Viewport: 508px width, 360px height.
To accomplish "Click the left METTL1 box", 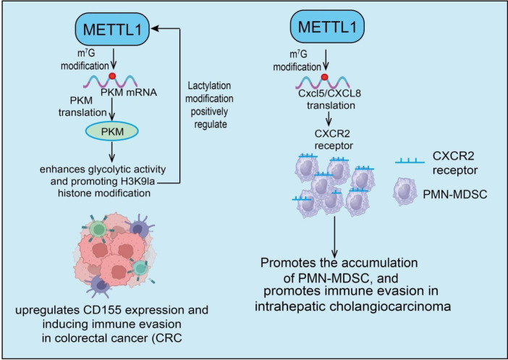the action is click(x=112, y=29).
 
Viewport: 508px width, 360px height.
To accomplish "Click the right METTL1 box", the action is click(x=327, y=27).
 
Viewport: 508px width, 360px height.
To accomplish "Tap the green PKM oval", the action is click(x=111, y=131).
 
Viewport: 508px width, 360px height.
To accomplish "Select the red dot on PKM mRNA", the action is click(x=112, y=76).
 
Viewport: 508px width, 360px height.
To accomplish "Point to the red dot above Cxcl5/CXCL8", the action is click(x=324, y=77).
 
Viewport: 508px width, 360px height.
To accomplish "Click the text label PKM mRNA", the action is click(x=129, y=93).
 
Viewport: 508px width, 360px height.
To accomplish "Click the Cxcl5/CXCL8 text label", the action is click(x=329, y=93).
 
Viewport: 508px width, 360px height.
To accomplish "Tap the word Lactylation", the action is click(x=209, y=85).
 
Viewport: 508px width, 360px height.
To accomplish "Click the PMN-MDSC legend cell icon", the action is click(x=405, y=192).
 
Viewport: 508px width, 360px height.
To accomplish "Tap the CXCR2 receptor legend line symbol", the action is click(x=410, y=161).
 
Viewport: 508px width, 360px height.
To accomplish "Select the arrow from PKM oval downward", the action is click(x=111, y=152).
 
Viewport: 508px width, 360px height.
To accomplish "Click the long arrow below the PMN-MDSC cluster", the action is click(x=334, y=238).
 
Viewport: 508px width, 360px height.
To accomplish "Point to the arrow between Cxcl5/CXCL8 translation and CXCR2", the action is click(x=329, y=119).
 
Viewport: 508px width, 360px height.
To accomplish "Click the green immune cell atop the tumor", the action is click(x=98, y=229).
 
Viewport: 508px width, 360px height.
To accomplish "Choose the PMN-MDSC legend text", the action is click(x=455, y=194).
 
